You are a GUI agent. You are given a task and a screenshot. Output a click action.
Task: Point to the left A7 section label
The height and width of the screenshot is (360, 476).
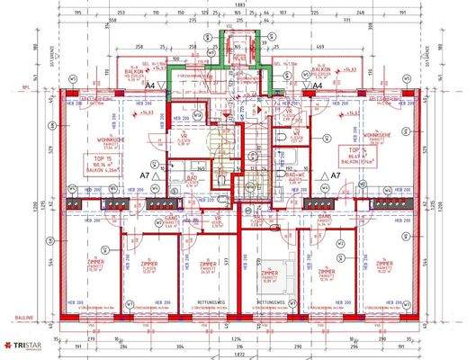click(143, 176)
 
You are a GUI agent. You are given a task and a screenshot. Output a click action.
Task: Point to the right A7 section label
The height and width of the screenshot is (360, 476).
click(335, 176)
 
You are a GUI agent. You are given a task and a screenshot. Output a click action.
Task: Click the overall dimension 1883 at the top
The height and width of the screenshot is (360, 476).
click(238, 5)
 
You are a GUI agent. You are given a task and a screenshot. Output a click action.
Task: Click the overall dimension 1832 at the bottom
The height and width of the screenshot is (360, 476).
click(238, 355)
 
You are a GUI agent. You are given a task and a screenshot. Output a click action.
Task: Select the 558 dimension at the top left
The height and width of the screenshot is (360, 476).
click(111, 19)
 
